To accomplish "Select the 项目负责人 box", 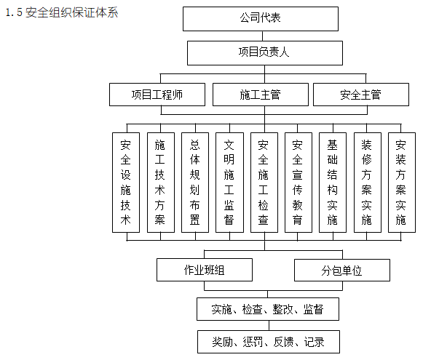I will click(x=264, y=53).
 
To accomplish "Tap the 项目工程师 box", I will click(x=158, y=95).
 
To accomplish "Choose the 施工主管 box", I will click(x=260, y=95).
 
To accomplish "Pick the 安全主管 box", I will click(x=360, y=95).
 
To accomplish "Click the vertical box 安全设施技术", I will click(x=125, y=182).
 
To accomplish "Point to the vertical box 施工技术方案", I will click(x=160, y=182).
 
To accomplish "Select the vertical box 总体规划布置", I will click(x=194, y=182).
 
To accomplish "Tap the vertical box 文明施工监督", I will click(x=229, y=182).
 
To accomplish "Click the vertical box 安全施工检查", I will click(x=264, y=182).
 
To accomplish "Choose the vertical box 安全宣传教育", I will click(x=298, y=182).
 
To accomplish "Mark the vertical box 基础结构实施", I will click(x=333, y=182).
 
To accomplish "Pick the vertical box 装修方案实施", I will click(x=367, y=182).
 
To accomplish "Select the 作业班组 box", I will click(x=205, y=270).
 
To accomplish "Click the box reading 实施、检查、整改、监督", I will click(x=268, y=308).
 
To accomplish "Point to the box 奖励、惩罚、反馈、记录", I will click(x=268, y=341).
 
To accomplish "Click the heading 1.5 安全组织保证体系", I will click(x=61, y=13).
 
